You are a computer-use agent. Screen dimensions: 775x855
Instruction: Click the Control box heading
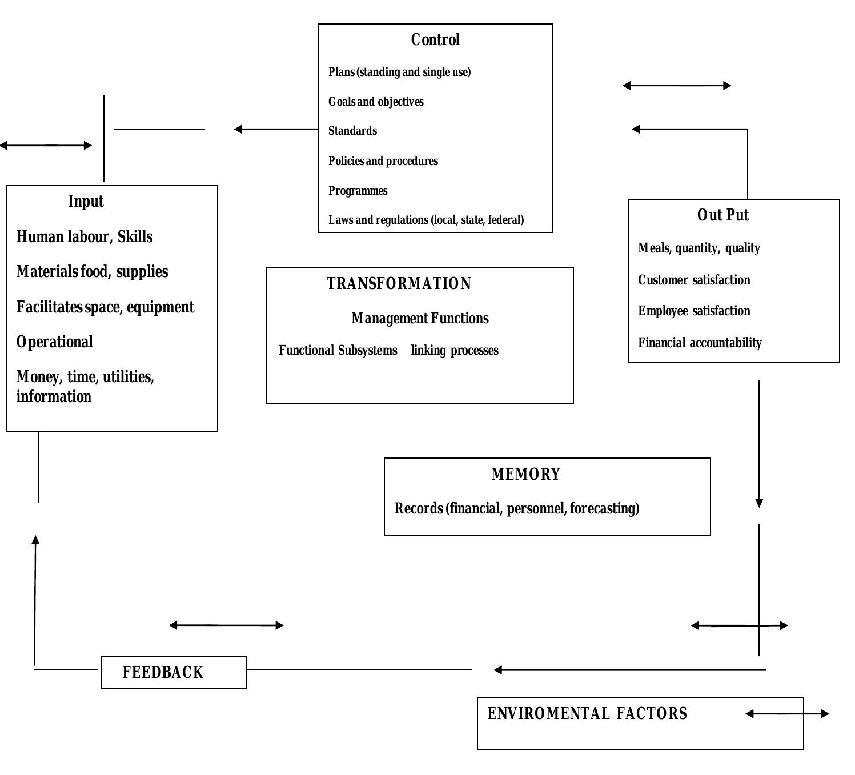tap(435, 40)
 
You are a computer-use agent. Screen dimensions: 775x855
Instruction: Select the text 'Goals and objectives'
tap(376, 102)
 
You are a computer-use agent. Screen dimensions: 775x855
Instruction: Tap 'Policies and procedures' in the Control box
tap(383, 161)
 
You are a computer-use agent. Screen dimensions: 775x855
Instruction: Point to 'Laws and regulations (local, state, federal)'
tap(426, 220)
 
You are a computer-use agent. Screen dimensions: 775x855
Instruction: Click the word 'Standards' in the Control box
tap(352, 131)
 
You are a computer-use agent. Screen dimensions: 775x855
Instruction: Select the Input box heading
tap(86, 202)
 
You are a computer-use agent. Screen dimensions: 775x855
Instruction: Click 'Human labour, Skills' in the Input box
tap(85, 237)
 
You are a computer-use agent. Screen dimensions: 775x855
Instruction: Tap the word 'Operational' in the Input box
tap(55, 342)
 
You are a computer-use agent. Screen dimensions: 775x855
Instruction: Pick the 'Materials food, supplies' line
tap(92, 272)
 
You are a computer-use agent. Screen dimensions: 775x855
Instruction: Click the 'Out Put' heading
tap(722, 215)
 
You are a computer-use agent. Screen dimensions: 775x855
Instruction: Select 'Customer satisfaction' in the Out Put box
tap(694, 280)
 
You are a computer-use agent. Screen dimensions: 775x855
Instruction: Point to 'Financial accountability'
tap(700, 343)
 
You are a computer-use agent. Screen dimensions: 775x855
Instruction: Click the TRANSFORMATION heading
tap(399, 284)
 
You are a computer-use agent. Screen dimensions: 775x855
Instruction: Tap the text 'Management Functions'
tap(420, 319)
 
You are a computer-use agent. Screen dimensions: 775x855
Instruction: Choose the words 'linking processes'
tap(455, 351)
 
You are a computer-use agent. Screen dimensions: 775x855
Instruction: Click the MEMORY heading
tap(525, 475)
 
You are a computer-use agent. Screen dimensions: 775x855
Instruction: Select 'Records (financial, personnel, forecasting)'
tap(517, 509)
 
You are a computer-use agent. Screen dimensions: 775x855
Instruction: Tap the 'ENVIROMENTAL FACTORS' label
tap(587, 714)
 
